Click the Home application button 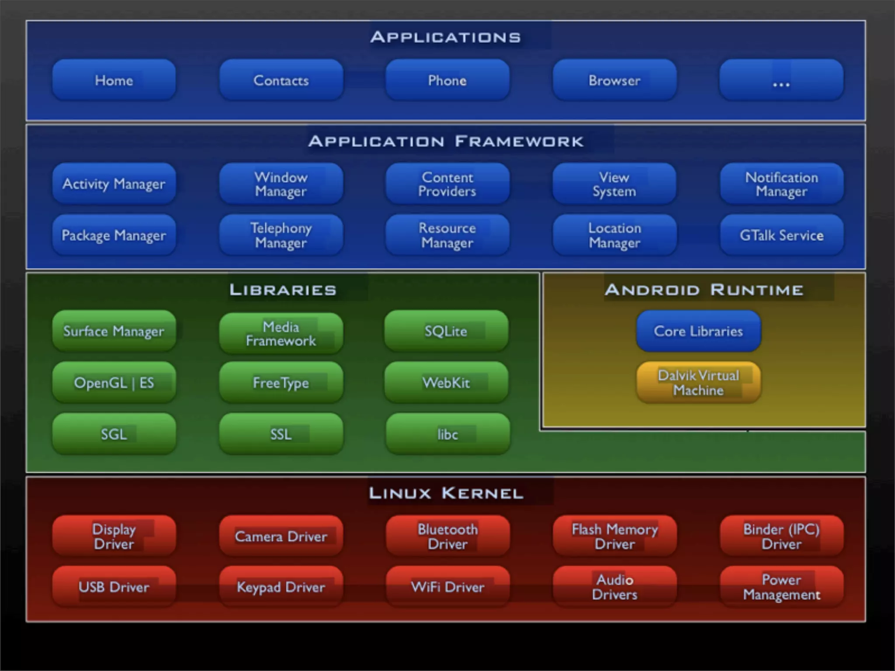click(x=114, y=80)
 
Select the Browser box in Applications click(x=614, y=80)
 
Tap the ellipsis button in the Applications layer click(x=781, y=80)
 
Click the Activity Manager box click(x=114, y=184)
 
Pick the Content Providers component click(x=447, y=184)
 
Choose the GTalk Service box click(x=781, y=235)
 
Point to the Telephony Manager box click(x=281, y=235)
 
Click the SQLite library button click(x=446, y=331)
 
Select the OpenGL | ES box click(x=114, y=383)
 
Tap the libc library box click(x=447, y=434)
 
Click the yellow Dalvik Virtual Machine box click(x=698, y=383)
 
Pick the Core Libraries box click(x=698, y=331)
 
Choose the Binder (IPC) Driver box click(x=781, y=536)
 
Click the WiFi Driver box click(x=447, y=587)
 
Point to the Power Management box click(x=781, y=587)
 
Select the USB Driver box click(x=114, y=587)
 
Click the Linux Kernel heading click(x=446, y=493)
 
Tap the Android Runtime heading click(x=704, y=290)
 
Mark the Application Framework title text click(x=446, y=141)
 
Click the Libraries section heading click(x=283, y=290)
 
